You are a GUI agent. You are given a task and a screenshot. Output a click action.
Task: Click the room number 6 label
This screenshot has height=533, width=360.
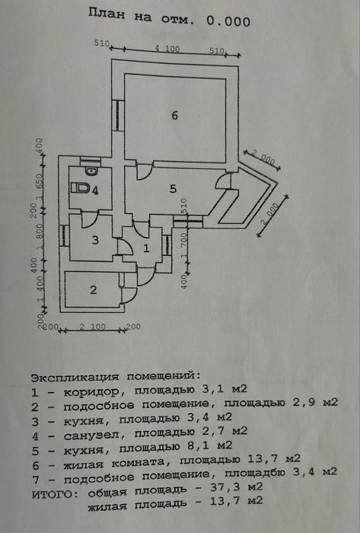[x=174, y=115]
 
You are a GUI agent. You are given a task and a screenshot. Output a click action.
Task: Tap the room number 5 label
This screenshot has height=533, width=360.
[x=174, y=189]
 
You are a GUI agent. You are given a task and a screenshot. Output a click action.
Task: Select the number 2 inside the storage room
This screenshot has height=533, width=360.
[x=94, y=289]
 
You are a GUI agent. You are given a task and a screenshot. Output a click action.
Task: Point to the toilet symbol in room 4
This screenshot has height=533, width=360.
[x=81, y=188]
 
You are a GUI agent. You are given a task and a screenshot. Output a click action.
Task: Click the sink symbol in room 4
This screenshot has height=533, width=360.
[x=91, y=171]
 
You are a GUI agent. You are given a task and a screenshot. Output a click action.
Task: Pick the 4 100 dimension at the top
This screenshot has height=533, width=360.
[x=167, y=49]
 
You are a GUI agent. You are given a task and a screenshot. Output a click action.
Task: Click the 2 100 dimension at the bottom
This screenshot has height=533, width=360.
[x=93, y=327]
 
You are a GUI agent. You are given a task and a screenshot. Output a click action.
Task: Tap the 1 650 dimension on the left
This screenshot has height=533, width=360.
[x=40, y=187]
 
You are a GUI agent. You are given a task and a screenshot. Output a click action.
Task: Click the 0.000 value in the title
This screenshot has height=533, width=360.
[x=228, y=21]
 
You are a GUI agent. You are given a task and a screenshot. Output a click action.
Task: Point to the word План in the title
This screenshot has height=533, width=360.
[x=107, y=14]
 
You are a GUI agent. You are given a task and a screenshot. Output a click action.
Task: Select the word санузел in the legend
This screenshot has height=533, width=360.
[x=91, y=435]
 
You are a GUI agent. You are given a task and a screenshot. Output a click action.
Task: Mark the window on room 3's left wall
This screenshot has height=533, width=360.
[x=64, y=236]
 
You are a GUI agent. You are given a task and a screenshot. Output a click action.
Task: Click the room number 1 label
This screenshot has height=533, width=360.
[x=146, y=248]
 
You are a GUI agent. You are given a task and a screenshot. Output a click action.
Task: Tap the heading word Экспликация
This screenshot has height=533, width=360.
[x=75, y=377]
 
